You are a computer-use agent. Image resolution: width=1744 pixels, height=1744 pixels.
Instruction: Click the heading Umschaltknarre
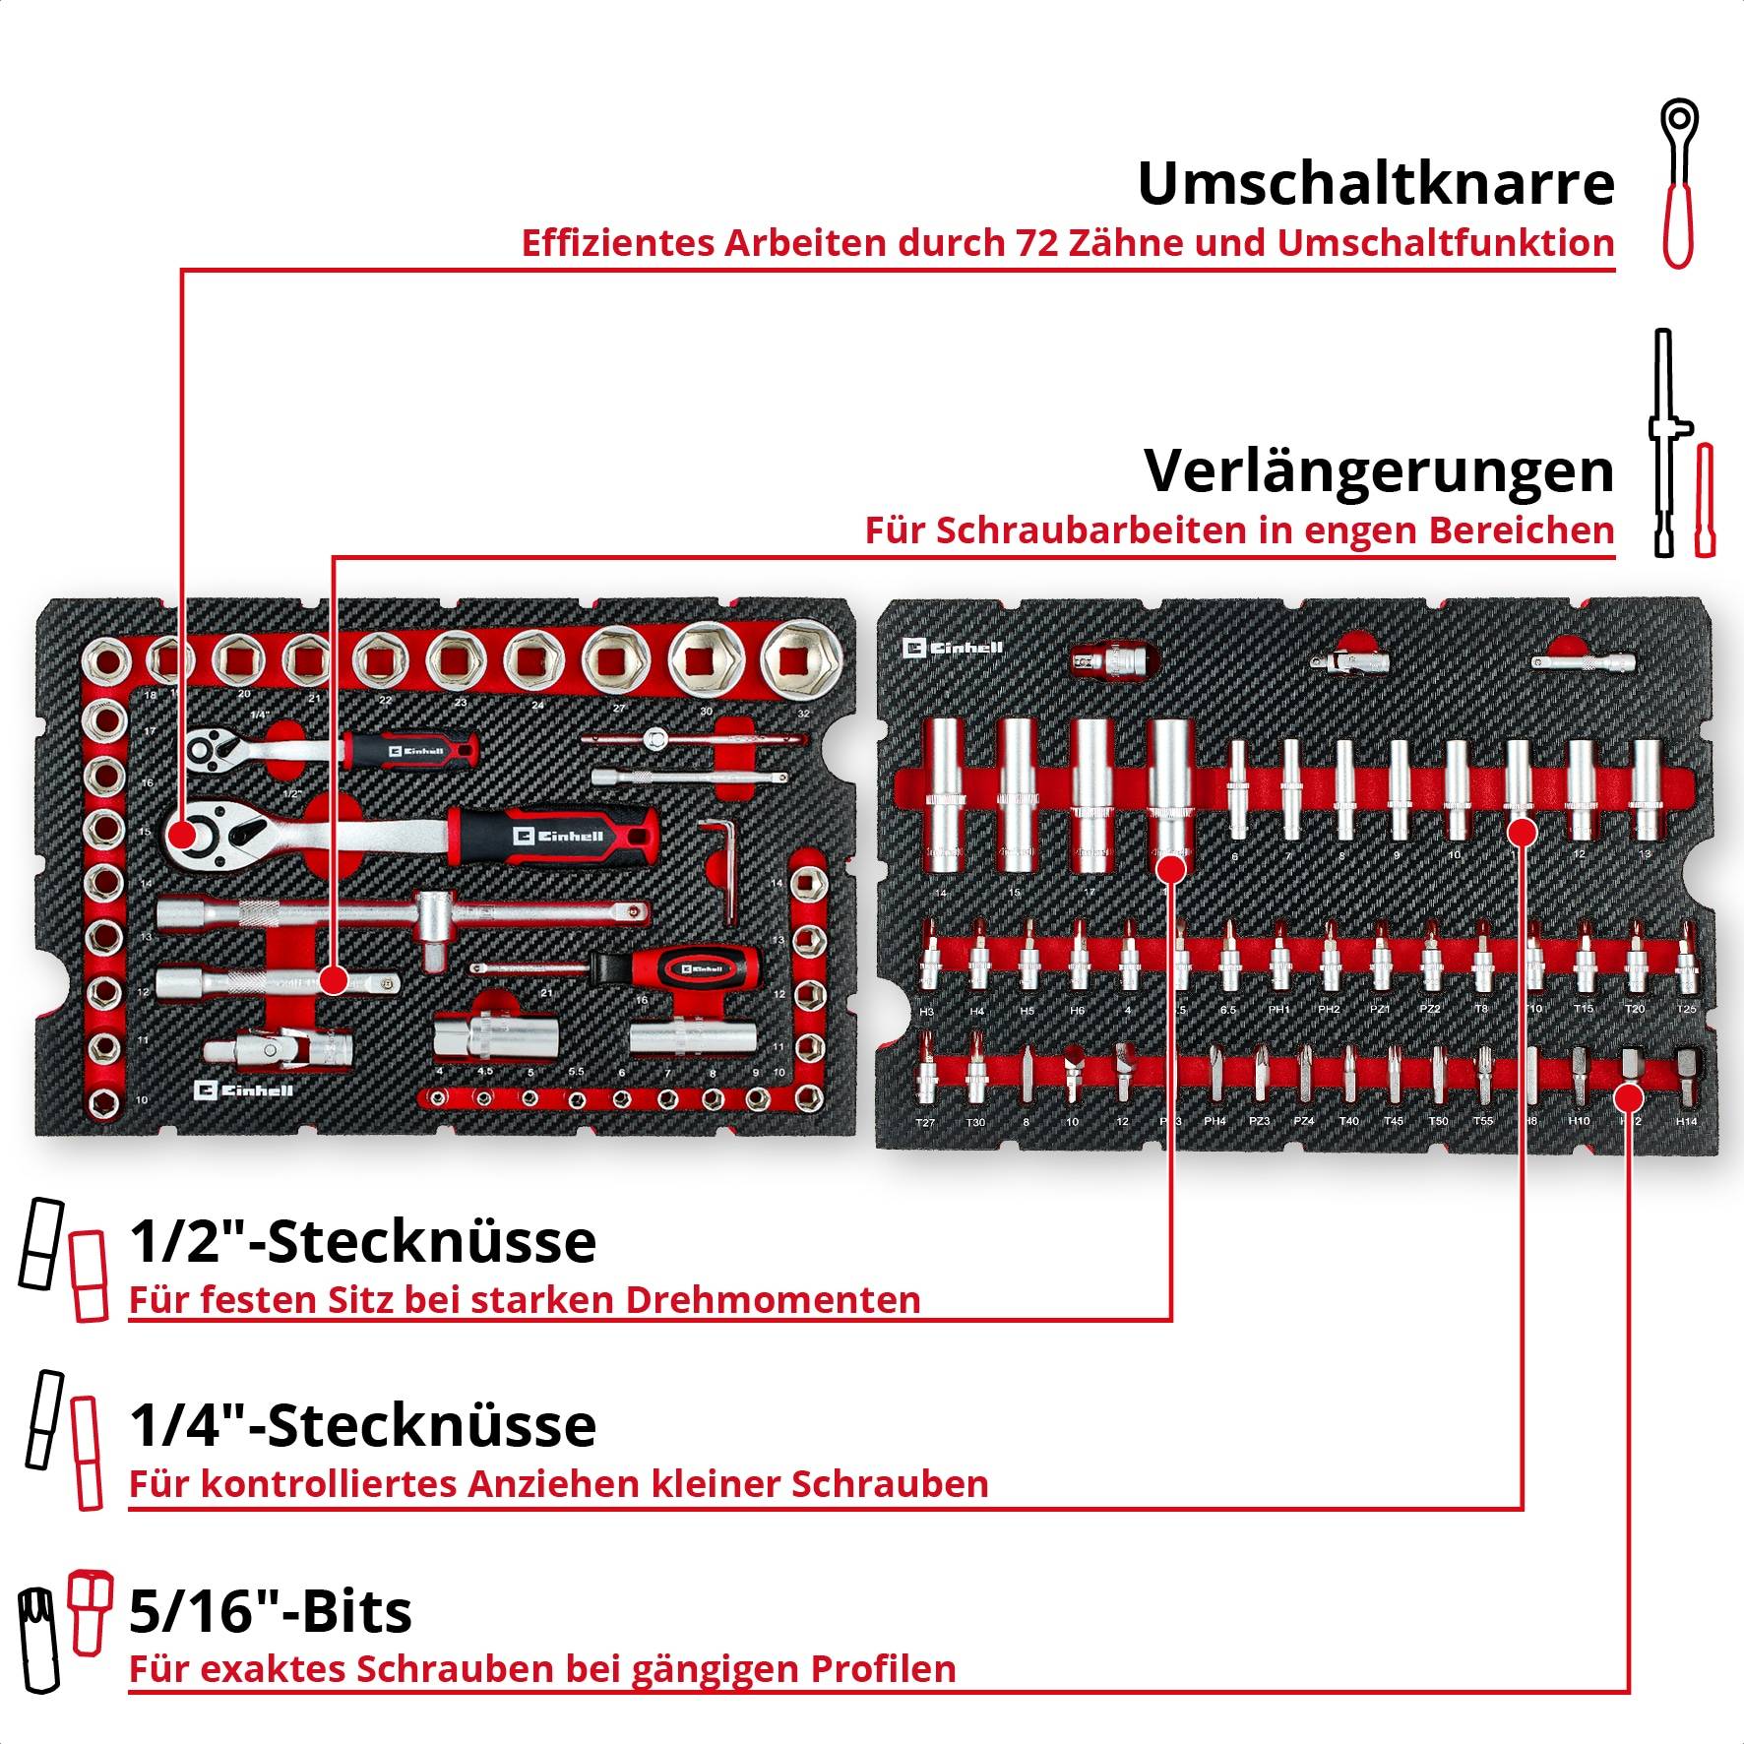(x=1375, y=183)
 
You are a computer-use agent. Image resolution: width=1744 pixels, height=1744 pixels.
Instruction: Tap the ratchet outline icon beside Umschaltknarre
(x=1677, y=182)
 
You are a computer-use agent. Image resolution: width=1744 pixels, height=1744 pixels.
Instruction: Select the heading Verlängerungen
(x=1378, y=470)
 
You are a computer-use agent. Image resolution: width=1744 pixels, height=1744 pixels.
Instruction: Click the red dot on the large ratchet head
(x=182, y=834)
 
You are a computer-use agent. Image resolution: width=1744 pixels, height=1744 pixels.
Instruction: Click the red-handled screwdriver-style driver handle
(x=689, y=968)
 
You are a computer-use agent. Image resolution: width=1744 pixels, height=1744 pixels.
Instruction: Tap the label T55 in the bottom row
(x=1482, y=1121)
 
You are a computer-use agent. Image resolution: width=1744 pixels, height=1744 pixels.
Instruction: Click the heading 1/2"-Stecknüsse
(x=362, y=1241)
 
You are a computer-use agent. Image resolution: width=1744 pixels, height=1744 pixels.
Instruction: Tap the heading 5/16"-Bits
(x=271, y=1611)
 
